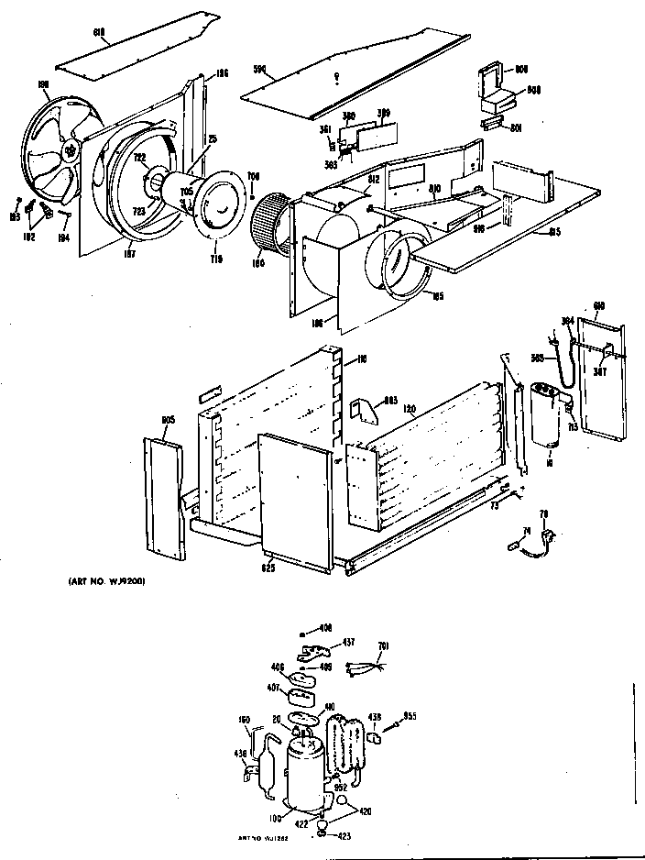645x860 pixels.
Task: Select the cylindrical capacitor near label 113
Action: (548, 414)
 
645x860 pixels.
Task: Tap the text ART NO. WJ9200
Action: (107, 581)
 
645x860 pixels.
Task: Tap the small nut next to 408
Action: (304, 632)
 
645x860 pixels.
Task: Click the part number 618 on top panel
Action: (100, 33)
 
